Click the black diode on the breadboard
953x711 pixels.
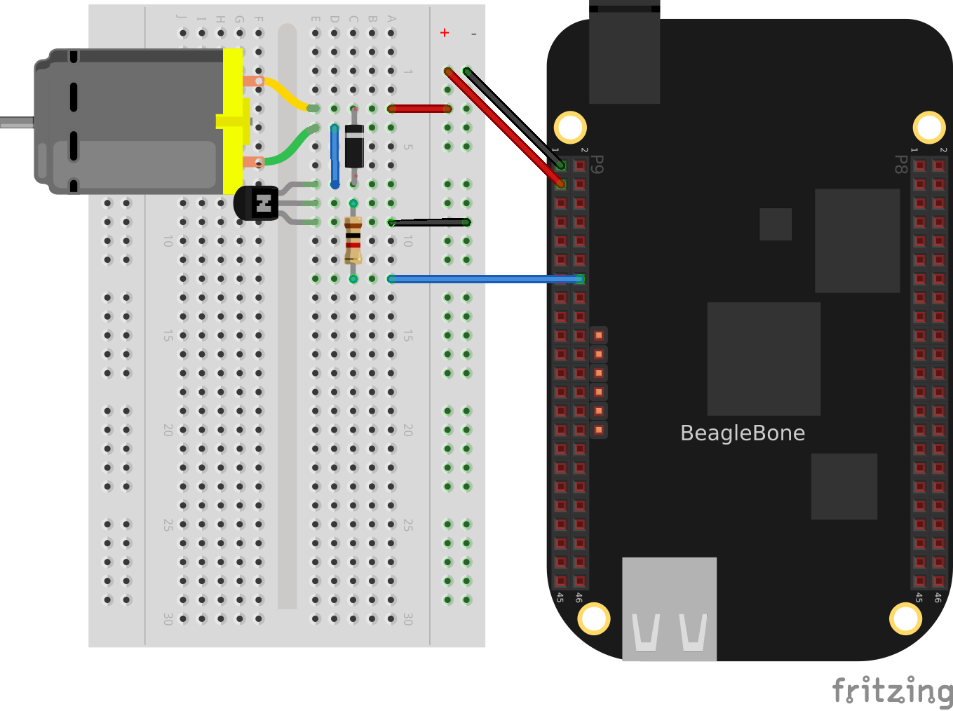pyautogui.click(x=354, y=146)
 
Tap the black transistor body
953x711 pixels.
pyautogui.click(x=256, y=203)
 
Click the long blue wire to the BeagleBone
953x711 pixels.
pyautogui.click(x=484, y=279)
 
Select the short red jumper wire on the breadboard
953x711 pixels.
pyautogui.click(x=419, y=109)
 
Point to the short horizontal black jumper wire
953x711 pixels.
pyautogui.click(x=429, y=222)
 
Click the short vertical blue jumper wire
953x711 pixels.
pyautogui.click(x=335, y=156)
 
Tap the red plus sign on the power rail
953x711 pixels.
pyautogui.click(x=445, y=33)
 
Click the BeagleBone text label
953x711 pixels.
pyautogui.click(x=743, y=433)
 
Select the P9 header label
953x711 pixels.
pyautogui.click(x=597, y=164)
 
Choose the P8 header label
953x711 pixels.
pyautogui.click(x=900, y=164)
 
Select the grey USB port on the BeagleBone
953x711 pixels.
pyautogui.click(x=669, y=609)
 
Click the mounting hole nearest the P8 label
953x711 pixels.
pyautogui.click(x=929, y=128)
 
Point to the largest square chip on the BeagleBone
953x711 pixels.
pyautogui.click(x=764, y=358)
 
